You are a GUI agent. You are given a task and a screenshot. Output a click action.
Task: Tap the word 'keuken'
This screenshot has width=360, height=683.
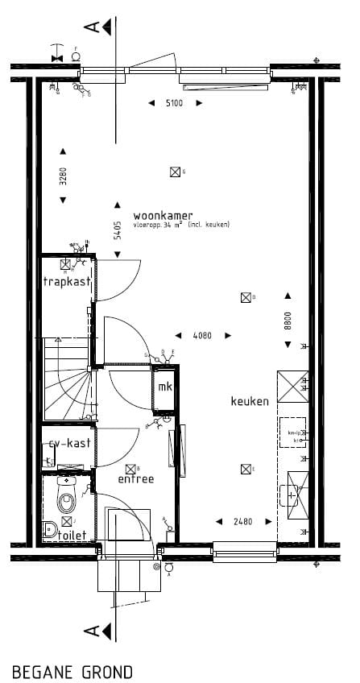point(250,401)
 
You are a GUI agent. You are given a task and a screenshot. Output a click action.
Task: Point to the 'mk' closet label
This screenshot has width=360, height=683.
point(165,388)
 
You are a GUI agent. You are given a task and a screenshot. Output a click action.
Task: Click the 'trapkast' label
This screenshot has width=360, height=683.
point(67,282)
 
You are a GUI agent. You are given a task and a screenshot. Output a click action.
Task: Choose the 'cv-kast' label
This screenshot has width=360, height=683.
point(68,443)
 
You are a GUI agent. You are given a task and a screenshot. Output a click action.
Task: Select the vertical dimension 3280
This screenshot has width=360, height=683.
point(63,176)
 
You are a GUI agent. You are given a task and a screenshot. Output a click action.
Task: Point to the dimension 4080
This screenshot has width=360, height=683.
point(201,335)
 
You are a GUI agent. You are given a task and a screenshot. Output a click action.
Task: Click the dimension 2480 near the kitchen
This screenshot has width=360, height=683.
point(242,521)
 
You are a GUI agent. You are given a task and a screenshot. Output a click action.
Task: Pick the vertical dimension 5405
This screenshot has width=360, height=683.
point(118,231)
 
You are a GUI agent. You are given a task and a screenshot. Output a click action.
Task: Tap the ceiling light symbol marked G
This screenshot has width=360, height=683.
point(174,171)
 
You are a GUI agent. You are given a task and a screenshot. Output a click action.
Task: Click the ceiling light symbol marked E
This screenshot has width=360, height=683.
point(245,469)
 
